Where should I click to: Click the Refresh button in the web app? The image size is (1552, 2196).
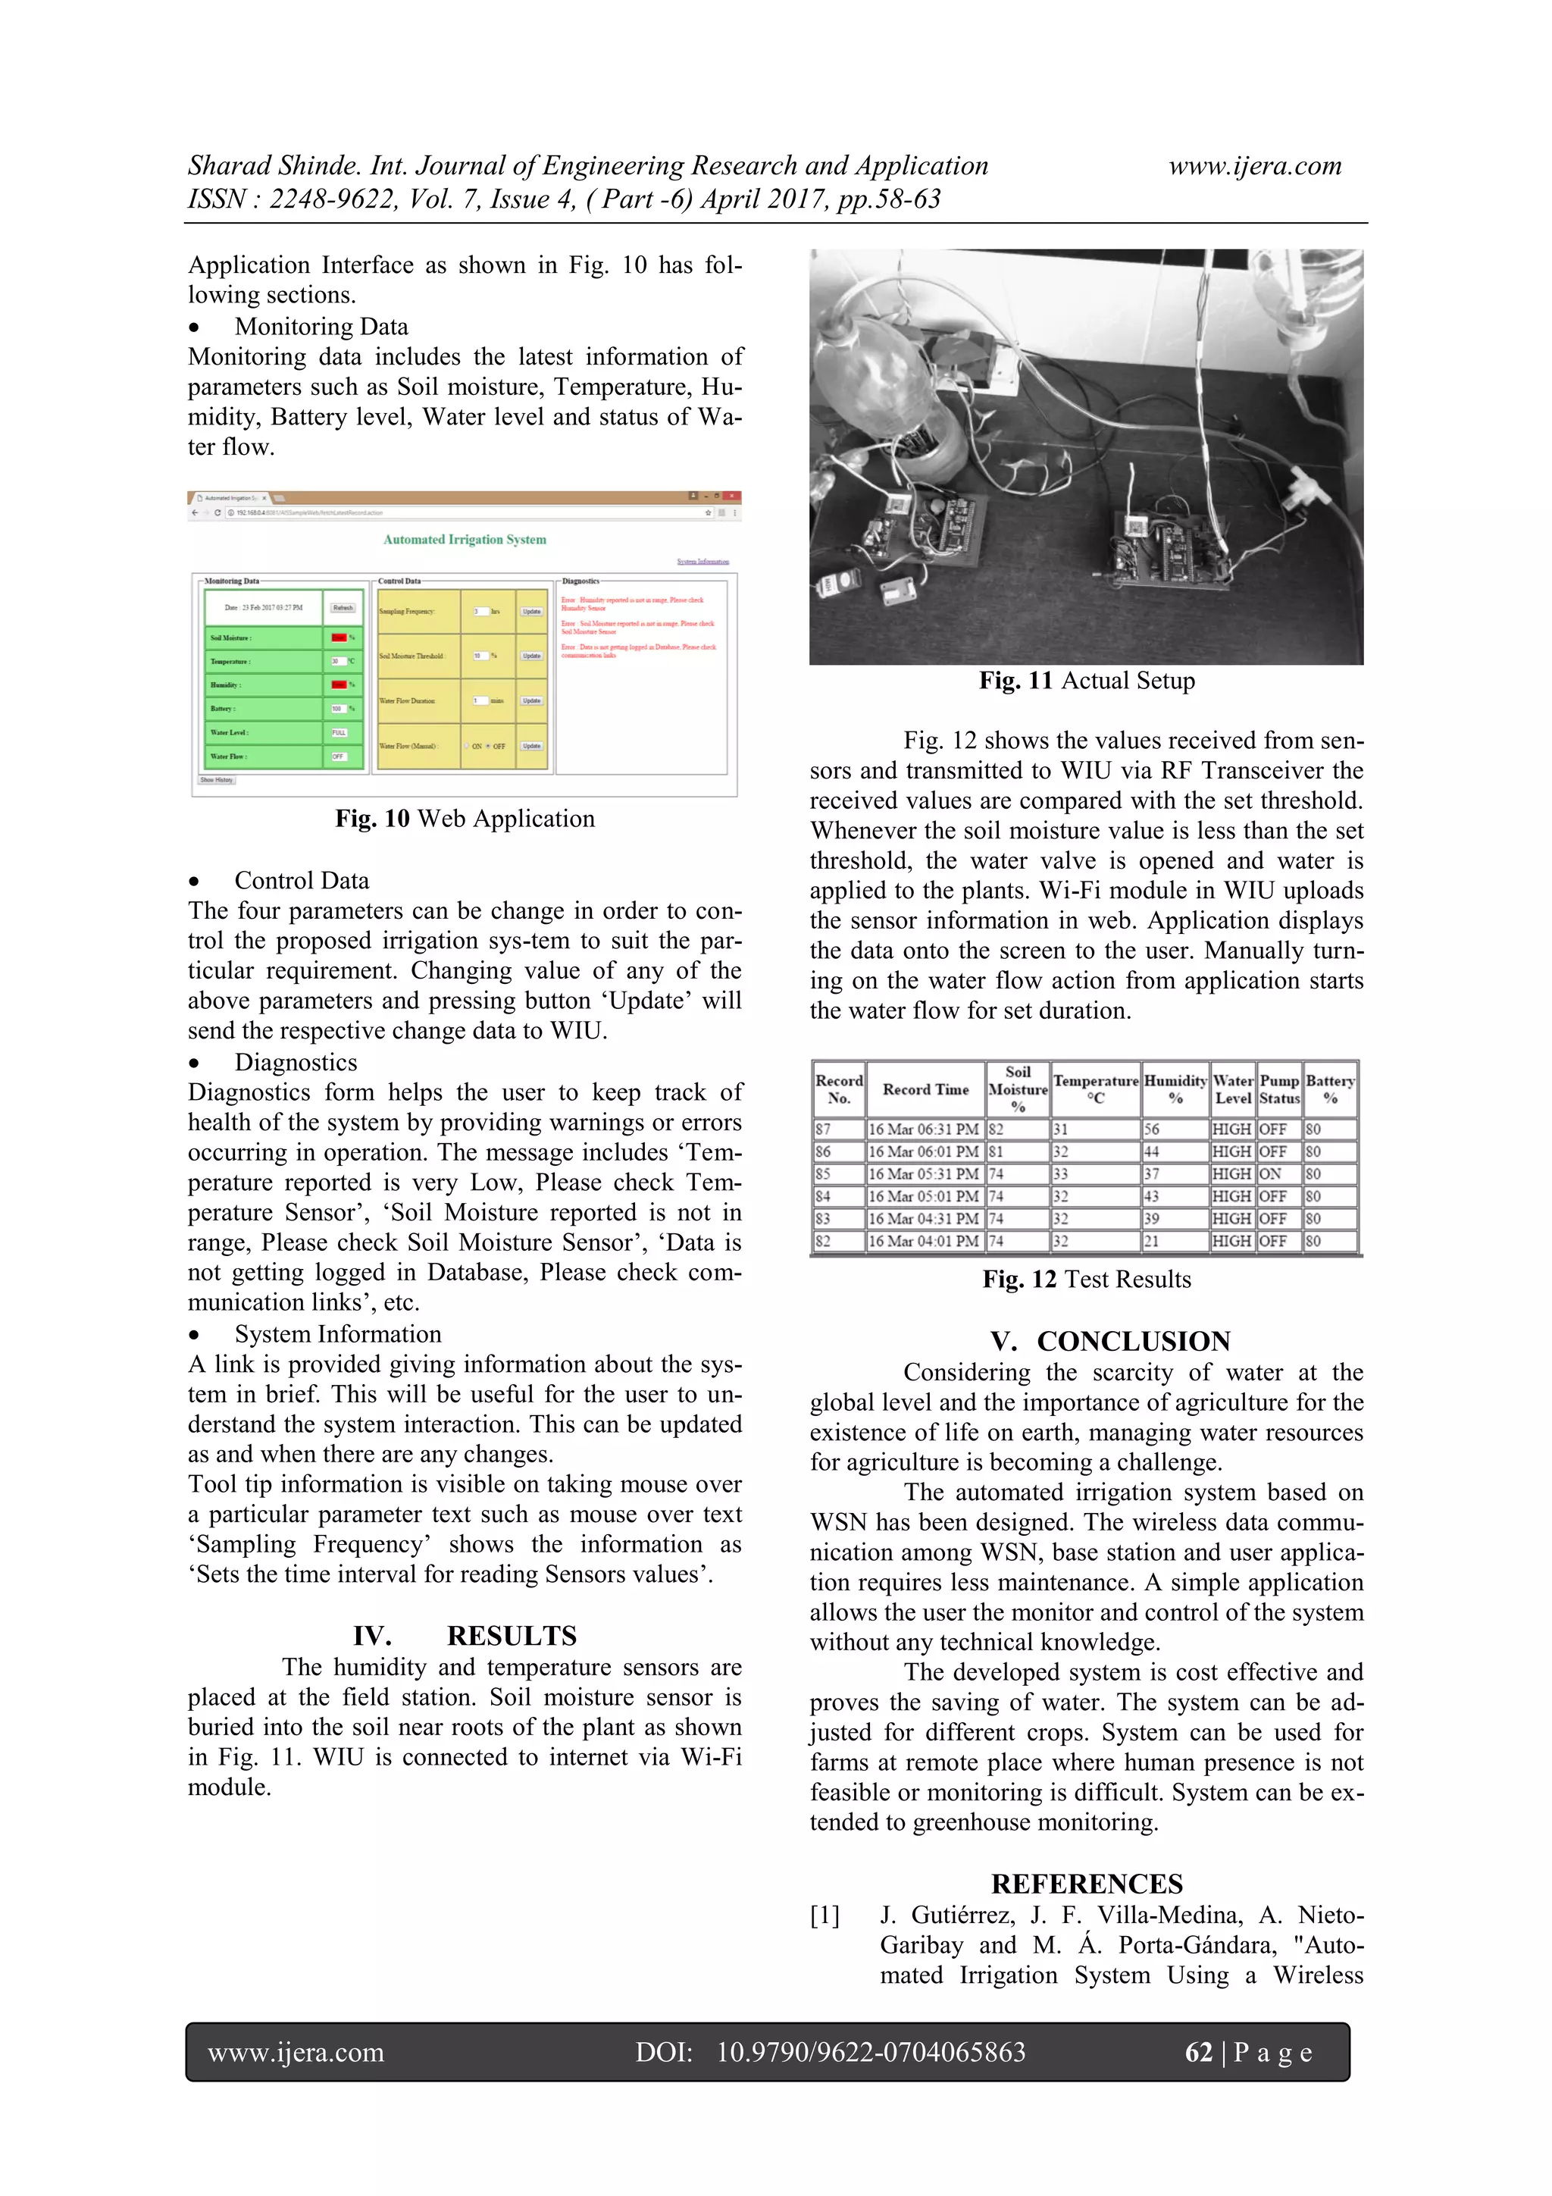pos(343,607)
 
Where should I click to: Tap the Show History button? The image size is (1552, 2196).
pos(216,779)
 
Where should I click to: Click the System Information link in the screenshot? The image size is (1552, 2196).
pos(702,562)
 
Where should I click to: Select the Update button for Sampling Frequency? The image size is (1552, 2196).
pos(532,611)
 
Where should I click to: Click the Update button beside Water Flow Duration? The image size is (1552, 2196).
pos(532,700)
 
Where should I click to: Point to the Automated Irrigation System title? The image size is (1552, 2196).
pos(465,540)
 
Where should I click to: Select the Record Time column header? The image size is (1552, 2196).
pos(925,1089)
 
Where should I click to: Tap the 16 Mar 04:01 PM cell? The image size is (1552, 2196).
pos(923,1242)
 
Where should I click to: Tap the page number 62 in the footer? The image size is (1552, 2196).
pos(1198,2053)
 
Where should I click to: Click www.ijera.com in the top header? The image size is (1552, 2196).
pos(1255,167)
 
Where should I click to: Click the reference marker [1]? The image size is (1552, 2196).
pos(824,1916)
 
